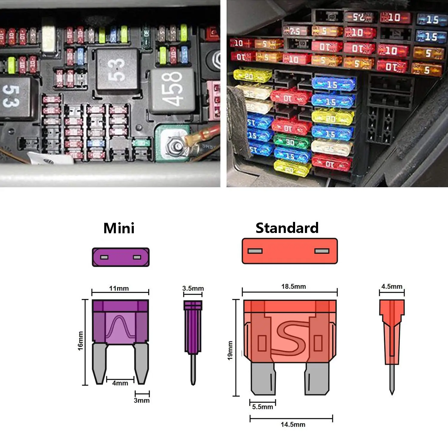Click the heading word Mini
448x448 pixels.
click(119, 228)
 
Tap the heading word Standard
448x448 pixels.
click(287, 228)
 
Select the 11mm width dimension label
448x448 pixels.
click(119, 289)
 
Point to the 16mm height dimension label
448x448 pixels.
click(80, 341)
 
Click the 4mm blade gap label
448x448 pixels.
click(120, 383)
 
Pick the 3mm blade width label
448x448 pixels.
click(142, 401)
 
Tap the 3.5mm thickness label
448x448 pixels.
click(193, 289)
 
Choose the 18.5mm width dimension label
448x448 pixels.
click(293, 287)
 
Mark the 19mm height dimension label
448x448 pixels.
click(230, 351)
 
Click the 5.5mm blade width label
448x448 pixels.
click(263, 407)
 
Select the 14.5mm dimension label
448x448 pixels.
click(293, 424)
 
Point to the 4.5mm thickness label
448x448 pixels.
click(392, 287)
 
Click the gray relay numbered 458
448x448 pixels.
click(172, 90)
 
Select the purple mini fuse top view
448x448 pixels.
click(120, 257)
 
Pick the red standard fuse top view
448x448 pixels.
click(289, 251)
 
